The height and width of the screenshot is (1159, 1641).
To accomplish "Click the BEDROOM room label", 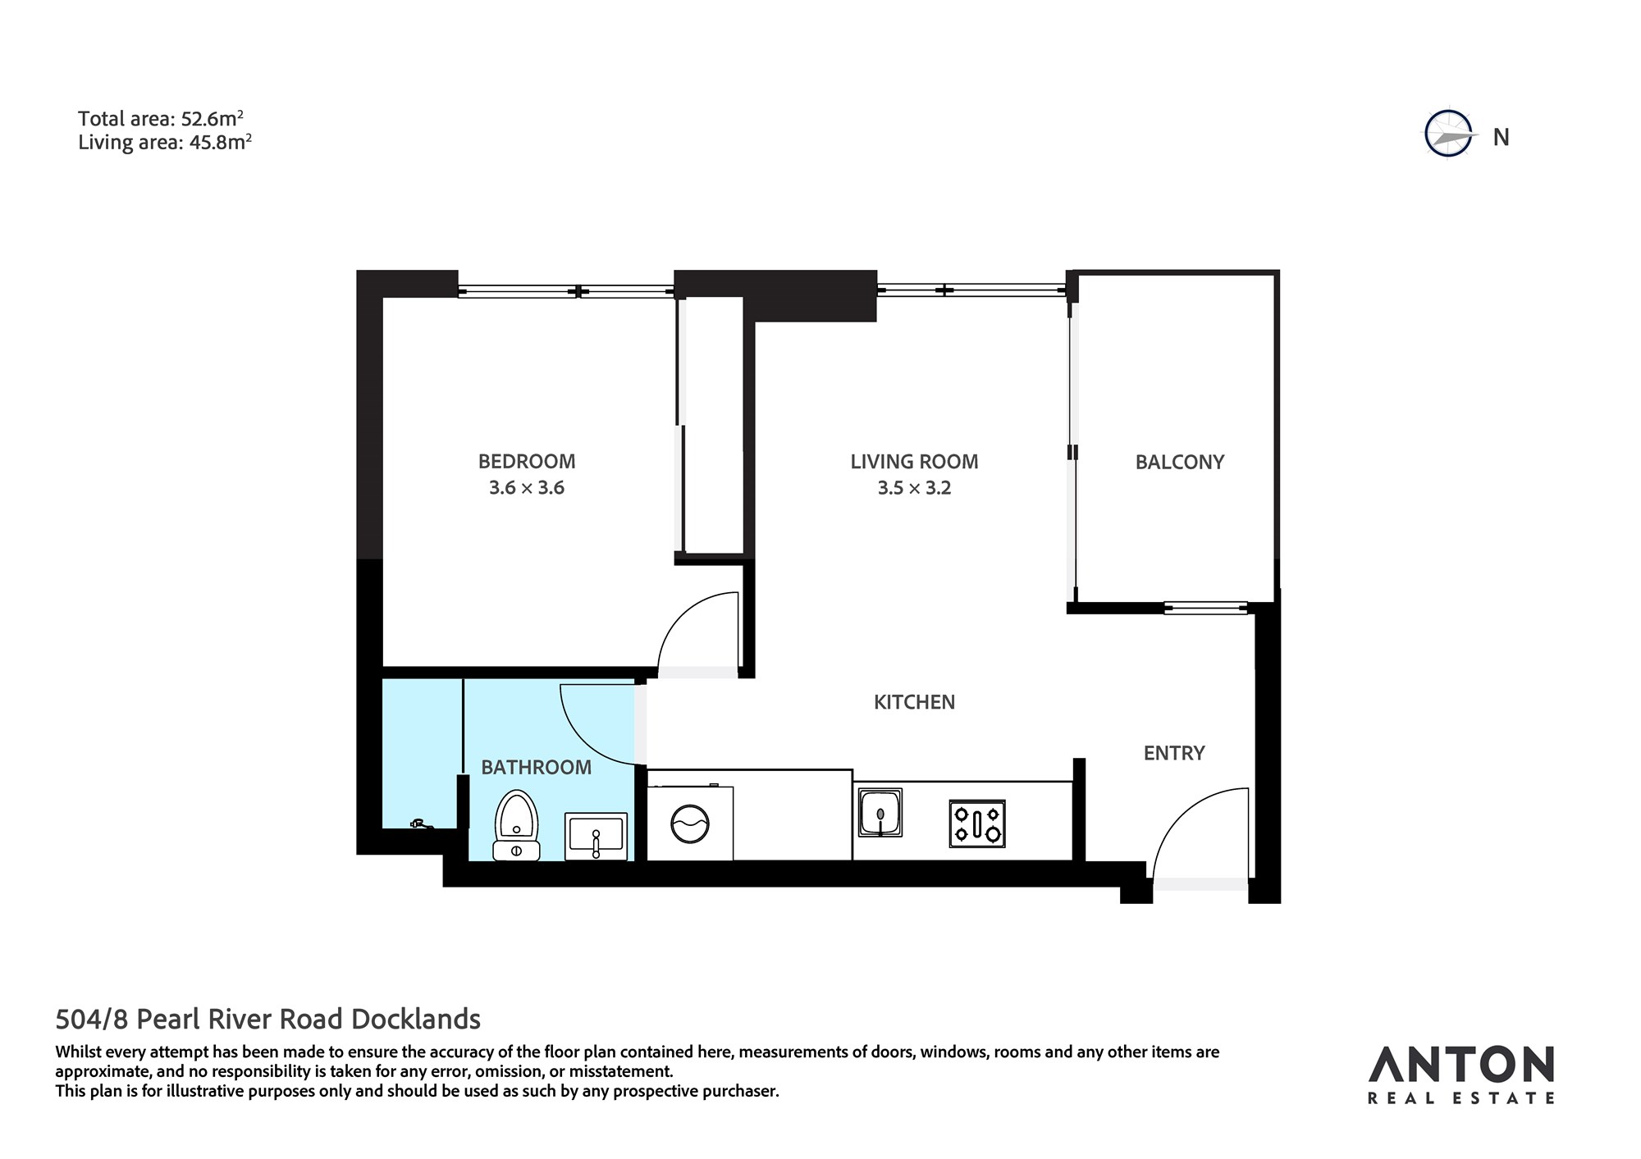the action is click(527, 461).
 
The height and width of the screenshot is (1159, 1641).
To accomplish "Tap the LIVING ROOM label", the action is click(914, 462).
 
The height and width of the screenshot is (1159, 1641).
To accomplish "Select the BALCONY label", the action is click(1179, 462).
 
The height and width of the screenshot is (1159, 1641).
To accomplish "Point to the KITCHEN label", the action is click(914, 702).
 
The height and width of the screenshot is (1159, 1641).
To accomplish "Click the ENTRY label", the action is click(1174, 753).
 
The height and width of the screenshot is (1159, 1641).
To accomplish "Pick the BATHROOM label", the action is click(536, 767).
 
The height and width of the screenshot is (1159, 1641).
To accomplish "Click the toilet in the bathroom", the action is click(516, 825).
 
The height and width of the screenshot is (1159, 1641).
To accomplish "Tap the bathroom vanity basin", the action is click(596, 836).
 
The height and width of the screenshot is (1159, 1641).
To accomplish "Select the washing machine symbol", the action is click(690, 823).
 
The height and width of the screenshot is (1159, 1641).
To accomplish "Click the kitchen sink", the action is click(880, 812).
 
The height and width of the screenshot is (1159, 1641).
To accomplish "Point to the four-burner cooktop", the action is click(977, 824).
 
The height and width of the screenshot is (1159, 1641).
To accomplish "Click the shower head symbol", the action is click(420, 823).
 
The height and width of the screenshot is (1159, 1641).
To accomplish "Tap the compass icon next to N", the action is click(1449, 133).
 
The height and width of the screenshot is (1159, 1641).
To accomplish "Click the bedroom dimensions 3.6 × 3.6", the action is click(527, 488).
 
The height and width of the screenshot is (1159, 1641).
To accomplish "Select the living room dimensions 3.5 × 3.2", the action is click(914, 488).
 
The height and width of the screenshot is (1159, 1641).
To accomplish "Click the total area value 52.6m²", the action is click(213, 119).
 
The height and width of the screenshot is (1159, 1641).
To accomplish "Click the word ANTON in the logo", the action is click(1460, 1065).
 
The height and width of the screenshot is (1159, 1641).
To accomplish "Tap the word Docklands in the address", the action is click(416, 1019).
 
